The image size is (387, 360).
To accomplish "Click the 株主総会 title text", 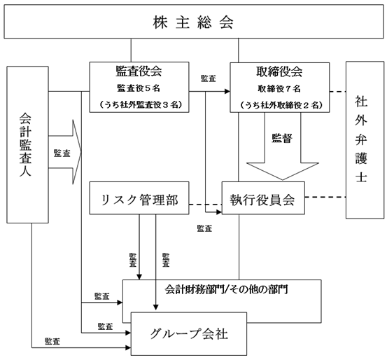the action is coord(193,22).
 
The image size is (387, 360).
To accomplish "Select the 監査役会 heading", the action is coord(139,71).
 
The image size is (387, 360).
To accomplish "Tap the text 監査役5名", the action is coord(139,88).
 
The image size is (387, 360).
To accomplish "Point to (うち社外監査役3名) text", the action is coord(141,105).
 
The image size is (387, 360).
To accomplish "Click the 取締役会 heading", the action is coord(279,71).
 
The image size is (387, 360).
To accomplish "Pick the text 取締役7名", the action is coord(279,89).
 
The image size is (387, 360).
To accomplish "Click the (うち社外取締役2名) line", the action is coord(281,105).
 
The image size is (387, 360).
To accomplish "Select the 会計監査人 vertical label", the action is coord(25,144).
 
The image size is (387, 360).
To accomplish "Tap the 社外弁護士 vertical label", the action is coord(361,139).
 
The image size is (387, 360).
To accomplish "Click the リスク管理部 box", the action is coord(139,198).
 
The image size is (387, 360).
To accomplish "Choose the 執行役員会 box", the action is coord(263,198).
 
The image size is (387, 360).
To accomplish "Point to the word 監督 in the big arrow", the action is coord(282,138).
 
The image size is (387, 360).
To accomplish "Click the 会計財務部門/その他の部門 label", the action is coord(226,289).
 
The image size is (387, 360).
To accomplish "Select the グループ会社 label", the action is coord(189,333).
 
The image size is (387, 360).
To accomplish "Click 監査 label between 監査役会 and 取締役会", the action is coord(209,79).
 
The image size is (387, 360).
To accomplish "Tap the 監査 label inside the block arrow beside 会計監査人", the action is coord(62,153).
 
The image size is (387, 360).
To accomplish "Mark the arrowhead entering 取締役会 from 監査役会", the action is coord(227,92).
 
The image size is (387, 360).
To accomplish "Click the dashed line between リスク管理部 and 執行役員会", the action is coord(206,205).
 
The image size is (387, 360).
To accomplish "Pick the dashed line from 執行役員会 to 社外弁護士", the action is coord(325,198).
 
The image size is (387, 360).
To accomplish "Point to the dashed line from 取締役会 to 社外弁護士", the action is coord(337,92).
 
